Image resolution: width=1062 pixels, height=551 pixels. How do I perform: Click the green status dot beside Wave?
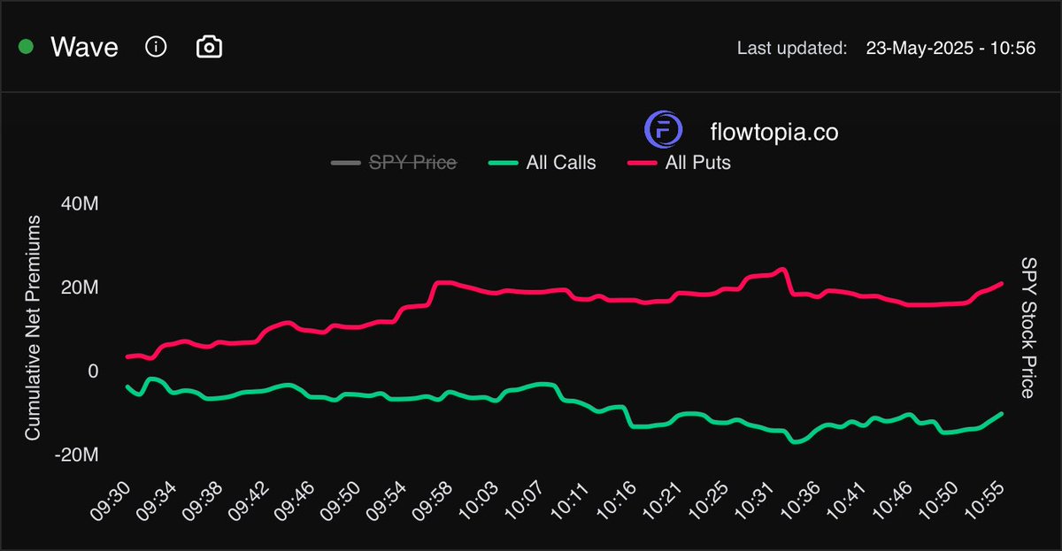(26, 47)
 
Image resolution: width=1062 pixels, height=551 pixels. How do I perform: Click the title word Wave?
(84, 47)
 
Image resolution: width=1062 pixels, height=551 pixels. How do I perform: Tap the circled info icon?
(156, 47)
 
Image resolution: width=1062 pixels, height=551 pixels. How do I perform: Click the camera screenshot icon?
(209, 47)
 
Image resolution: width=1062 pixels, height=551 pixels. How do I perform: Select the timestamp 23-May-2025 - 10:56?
(950, 48)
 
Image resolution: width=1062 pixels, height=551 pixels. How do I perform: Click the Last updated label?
(791, 48)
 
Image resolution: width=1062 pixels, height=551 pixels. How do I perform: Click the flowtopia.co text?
(774, 133)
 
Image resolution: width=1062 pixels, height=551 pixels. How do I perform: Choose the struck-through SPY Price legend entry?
(412, 163)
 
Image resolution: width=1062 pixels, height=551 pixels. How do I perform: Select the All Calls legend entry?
(560, 163)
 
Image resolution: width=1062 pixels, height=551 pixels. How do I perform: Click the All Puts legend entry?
(697, 163)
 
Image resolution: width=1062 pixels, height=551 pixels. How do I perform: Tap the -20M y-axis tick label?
(75, 455)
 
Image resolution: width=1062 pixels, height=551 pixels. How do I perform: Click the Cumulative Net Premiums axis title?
(33, 329)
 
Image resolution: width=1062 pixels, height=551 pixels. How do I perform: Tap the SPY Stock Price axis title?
(1027, 328)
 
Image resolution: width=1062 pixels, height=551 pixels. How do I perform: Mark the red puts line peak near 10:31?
(781, 269)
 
